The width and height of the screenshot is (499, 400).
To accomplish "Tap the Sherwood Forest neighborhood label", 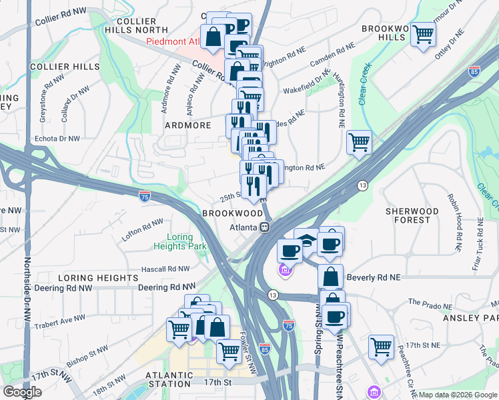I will [412, 215].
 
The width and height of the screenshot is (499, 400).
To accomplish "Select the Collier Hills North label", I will [137, 25].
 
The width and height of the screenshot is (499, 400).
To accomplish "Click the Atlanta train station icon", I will [265, 227].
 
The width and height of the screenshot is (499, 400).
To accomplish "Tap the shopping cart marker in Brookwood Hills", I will [423, 35].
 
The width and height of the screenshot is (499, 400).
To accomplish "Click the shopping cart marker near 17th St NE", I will [381, 347].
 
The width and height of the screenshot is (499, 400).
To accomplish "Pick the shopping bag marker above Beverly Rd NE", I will [330, 275].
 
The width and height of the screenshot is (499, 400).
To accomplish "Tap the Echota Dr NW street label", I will [57, 139].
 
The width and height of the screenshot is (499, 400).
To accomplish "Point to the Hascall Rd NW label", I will [165, 269].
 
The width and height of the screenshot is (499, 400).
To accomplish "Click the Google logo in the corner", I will [22, 392].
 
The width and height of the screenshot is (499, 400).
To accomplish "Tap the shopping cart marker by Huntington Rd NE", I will [359, 141].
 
